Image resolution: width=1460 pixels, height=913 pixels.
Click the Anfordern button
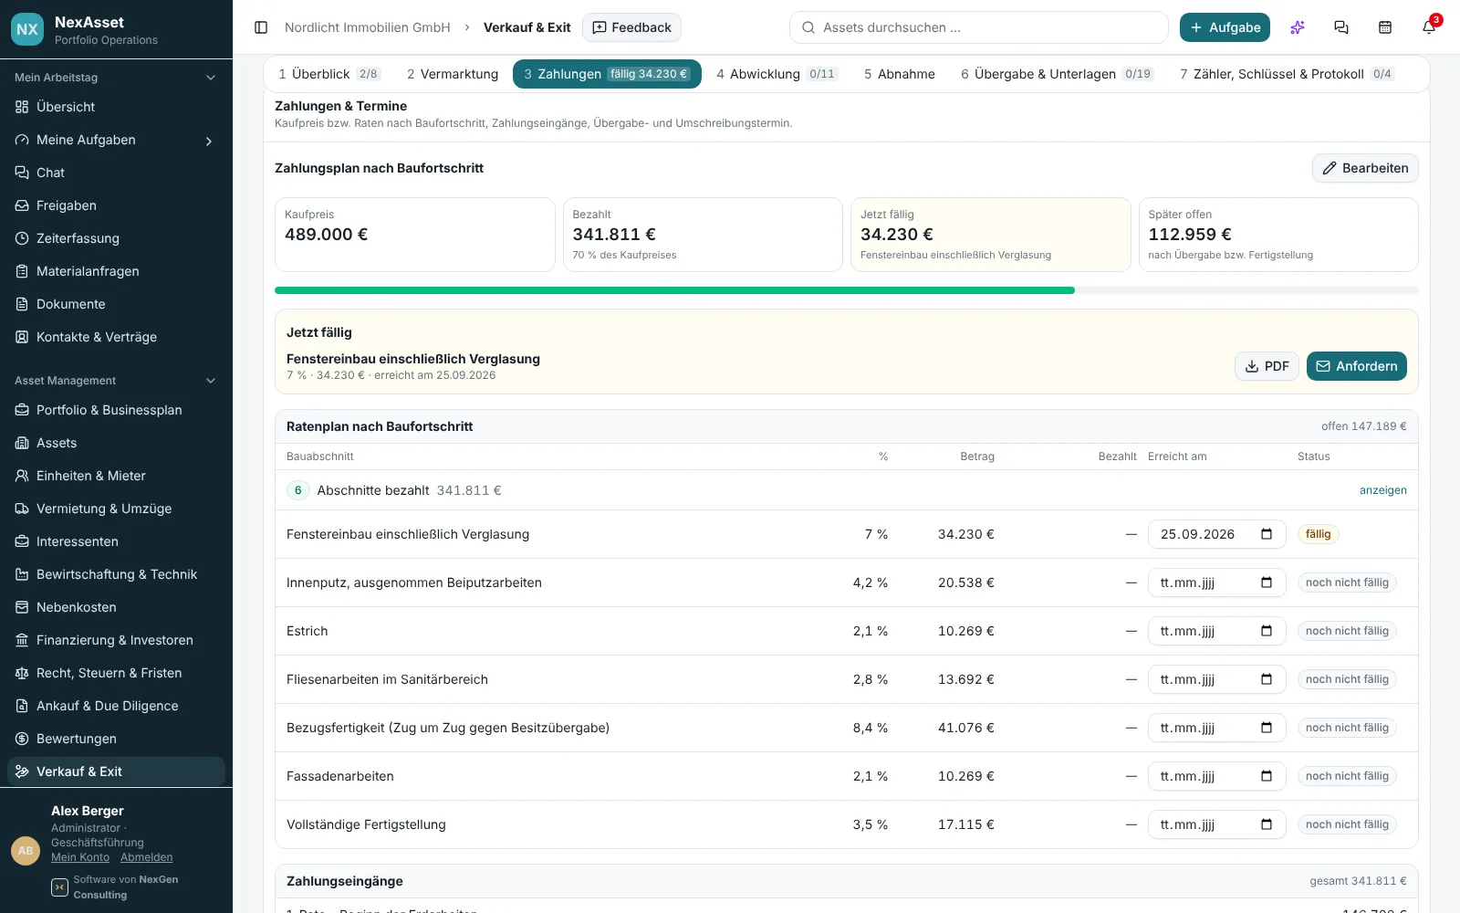click(x=1356, y=366)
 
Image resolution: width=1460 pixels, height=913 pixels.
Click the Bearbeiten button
click(x=1365, y=168)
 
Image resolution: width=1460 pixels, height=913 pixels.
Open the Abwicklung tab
click(x=776, y=74)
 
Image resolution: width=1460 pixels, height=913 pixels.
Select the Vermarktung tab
click(x=453, y=74)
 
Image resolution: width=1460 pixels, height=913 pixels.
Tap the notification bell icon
click(x=1428, y=27)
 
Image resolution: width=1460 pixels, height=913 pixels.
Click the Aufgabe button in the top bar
click(x=1225, y=27)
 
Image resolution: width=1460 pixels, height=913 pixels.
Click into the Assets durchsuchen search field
click(x=978, y=27)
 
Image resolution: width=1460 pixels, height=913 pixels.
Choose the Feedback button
click(x=631, y=27)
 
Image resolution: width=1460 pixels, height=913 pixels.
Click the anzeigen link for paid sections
click(x=1382, y=489)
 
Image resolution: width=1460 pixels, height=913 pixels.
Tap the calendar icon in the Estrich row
click(x=1267, y=631)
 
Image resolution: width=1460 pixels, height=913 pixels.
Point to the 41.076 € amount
click(x=965, y=727)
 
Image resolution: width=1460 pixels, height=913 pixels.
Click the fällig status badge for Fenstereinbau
click(x=1318, y=534)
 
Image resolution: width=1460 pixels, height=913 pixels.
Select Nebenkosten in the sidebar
click(x=77, y=607)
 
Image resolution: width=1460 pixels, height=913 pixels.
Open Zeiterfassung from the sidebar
click(x=78, y=238)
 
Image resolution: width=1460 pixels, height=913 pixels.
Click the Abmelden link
click(x=147, y=857)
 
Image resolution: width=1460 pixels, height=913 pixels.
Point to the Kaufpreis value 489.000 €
click(x=326, y=234)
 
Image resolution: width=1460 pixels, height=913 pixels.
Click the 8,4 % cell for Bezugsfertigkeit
click(x=871, y=727)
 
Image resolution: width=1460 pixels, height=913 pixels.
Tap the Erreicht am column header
click(x=1177, y=456)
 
